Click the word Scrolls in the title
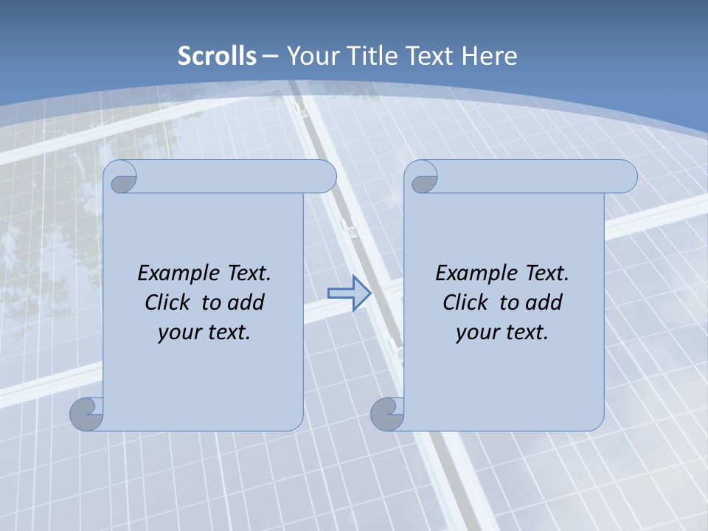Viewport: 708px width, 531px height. pos(217,55)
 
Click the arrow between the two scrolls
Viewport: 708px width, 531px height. pos(349,294)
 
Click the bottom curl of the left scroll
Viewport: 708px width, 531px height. pos(87,413)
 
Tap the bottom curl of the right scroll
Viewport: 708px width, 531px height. pos(387,413)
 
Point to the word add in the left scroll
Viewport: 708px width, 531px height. pos(246,302)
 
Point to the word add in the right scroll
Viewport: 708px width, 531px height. pos(544,302)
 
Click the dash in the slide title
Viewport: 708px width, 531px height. pos(270,55)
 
